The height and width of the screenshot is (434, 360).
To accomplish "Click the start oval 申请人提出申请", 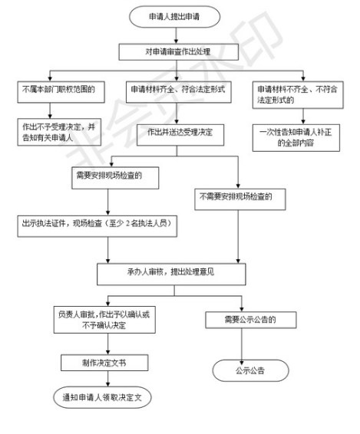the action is tap(174, 17).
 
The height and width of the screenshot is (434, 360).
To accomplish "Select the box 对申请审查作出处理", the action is tap(179, 52).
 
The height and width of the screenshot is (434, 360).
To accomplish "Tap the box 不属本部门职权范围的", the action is tap(61, 92).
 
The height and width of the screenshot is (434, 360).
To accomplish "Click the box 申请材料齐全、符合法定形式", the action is tap(179, 92).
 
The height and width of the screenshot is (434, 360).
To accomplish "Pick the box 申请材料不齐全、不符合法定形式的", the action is tap(298, 94).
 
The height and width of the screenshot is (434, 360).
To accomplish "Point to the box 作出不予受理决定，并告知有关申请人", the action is tap(59, 132).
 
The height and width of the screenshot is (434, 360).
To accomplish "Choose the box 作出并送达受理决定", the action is tap(180, 135).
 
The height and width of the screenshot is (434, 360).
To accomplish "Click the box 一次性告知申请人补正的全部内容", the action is tap(296, 137).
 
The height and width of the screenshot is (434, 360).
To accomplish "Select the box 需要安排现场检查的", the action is tap(115, 178).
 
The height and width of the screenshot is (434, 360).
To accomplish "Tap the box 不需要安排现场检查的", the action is tap(240, 199).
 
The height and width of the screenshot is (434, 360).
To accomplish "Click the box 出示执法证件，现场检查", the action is tap(97, 226).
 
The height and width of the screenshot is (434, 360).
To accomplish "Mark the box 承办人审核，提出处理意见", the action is tap(171, 274).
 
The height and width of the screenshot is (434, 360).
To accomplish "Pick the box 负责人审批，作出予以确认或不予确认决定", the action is tap(104, 320).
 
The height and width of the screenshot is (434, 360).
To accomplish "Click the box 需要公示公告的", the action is tap(251, 320).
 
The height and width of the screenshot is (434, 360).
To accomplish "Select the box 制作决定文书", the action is tap(104, 363).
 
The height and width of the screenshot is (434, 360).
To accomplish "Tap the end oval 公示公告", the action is tap(250, 370).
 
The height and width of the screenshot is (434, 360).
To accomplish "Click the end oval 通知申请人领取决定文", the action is tap(102, 397).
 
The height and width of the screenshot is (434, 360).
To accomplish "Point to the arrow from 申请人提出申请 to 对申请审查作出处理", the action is tap(176, 35).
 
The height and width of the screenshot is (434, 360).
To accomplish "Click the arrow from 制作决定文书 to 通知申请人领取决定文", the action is tap(107, 379).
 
